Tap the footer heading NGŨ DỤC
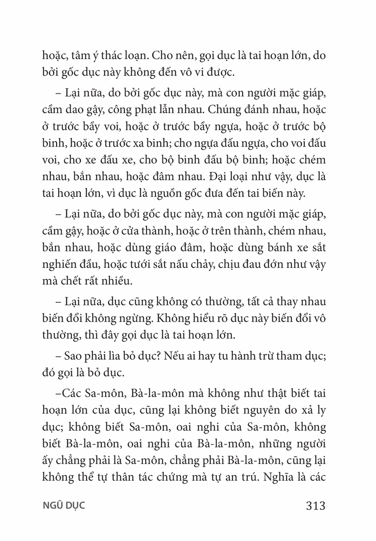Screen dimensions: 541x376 64,506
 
